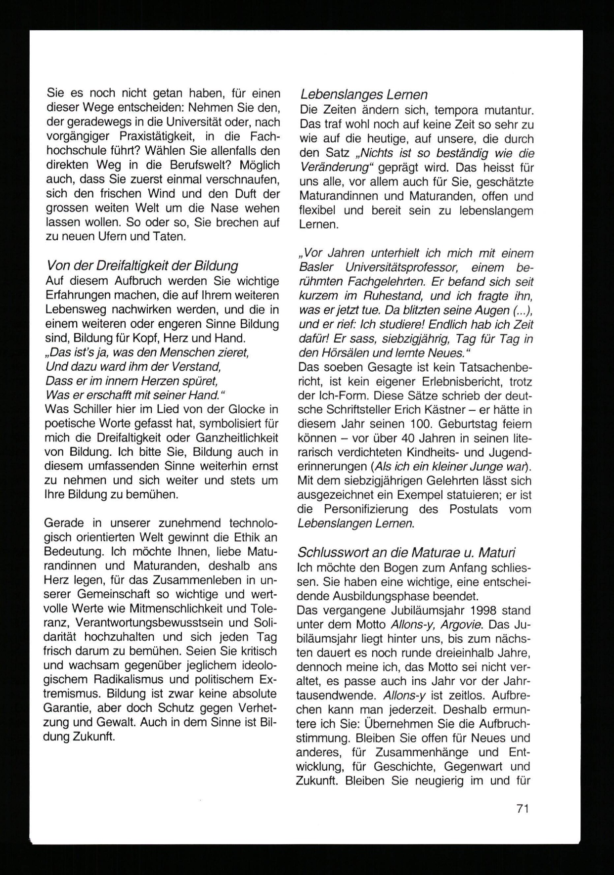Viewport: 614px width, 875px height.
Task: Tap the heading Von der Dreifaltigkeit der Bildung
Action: (142, 265)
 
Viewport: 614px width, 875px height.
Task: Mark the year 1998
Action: (514, 610)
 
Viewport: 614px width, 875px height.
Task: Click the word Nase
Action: (225, 208)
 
